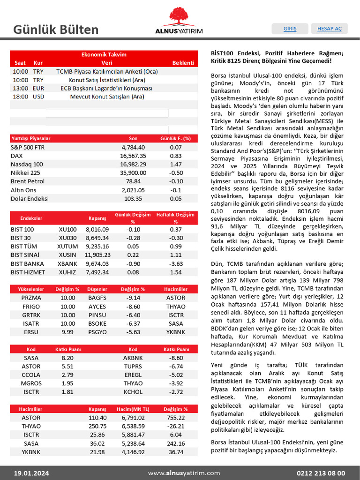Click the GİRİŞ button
click(290, 29)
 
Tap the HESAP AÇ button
click(330, 29)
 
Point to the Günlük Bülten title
click(56, 30)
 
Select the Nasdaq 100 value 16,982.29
click(133, 164)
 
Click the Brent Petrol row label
click(28, 181)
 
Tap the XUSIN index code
click(67, 255)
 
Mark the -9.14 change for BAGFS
click(133, 298)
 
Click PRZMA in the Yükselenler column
click(31, 298)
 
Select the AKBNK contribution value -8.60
click(176, 358)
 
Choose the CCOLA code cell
click(31, 375)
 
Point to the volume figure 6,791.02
click(133, 418)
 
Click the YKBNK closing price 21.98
click(97, 452)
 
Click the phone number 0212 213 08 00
click(321, 473)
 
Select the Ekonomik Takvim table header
click(104, 54)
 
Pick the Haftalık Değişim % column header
click(175, 218)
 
